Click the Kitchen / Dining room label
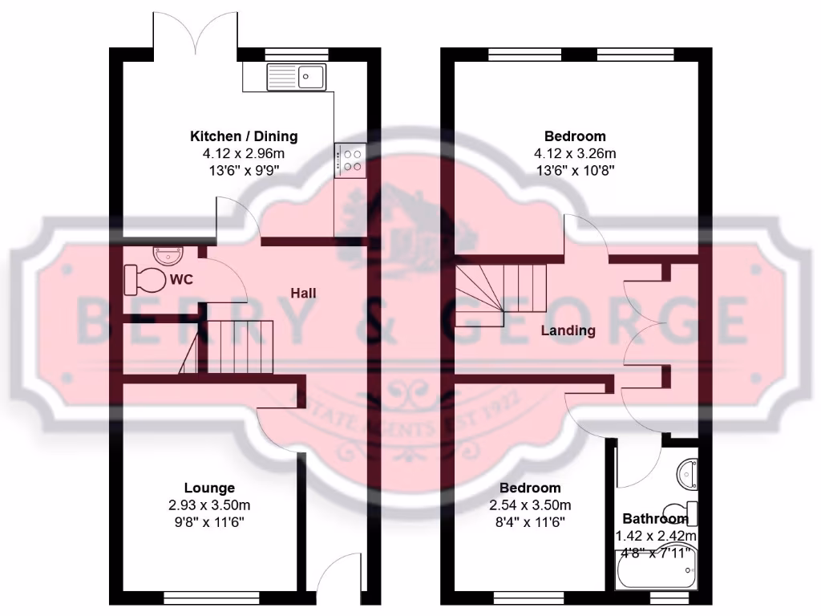(243, 136)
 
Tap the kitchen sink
(296, 77)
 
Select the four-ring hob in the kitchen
(350, 158)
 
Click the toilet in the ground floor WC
(144, 280)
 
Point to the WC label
(180, 280)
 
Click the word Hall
(303, 294)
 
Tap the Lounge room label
(209, 488)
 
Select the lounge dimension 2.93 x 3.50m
(209, 505)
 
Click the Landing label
(568, 330)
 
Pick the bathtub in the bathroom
(655, 571)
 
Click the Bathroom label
(655, 518)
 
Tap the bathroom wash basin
(686, 474)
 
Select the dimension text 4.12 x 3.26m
(575, 153)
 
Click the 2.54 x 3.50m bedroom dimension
(530, 505)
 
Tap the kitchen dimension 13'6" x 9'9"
(243, 169)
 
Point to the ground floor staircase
(237, 346)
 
